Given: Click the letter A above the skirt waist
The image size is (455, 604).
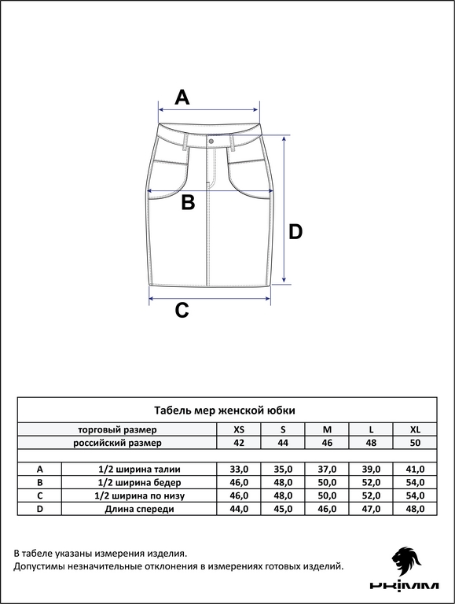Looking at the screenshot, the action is pyautogui.click(x=182, y=97).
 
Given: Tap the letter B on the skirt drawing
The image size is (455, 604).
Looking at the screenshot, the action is pyautogui.click(x=188, y=203).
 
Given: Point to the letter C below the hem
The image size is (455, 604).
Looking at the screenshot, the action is pyautogui.click(x=182, y=310).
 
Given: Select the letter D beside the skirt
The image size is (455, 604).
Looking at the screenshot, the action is pyautogui.click(x=295, y=232).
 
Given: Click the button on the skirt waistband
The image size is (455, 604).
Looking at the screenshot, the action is pyautogui.click(x=211, y=142).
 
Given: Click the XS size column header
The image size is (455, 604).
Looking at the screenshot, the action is pyautogui.click(x=239, y=429).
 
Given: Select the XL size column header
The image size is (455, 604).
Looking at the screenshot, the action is pyautogui.click(x=415, y=429).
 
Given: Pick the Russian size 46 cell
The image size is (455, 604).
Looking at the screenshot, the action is pyautogui.click(x=327, y=443).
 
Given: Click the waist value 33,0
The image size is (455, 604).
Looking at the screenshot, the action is pyautogui.click(x=239, y=470).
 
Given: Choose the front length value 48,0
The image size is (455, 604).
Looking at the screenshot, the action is pyautogui.click(x=415, y=509).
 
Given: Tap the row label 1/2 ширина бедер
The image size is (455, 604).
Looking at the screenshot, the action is pyautogui.click(x=139, y=483).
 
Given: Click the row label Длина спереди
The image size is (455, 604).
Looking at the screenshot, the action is pyautogui.click(x=139, y=510).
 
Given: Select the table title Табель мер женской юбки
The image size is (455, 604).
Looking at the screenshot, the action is pyautogui.click(x=225, y=411).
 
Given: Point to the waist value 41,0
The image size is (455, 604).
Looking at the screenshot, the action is pyautogui.click(x=415, y=470).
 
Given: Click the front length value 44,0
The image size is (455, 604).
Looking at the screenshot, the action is pyautogui.click(x=239, y=509).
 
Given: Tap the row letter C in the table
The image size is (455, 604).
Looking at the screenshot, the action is pyautogui.click(x=39, y=495).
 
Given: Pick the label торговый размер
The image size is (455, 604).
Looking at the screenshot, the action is pyautogui.click(x=117, y=430).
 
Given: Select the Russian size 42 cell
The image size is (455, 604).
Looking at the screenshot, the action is pyautogui.click(x=239, y=443).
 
